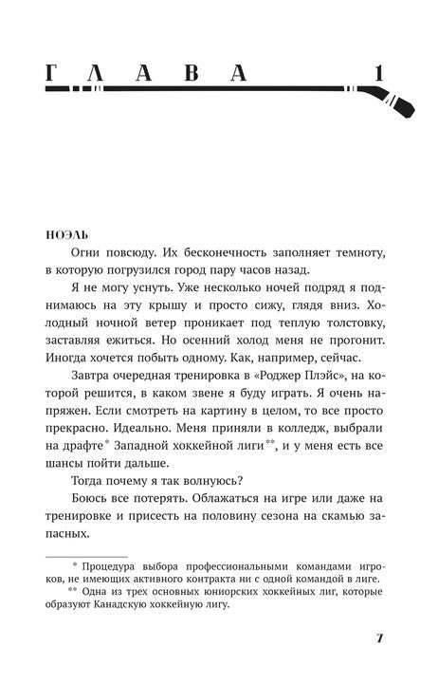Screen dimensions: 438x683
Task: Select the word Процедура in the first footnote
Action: pyautogui.click(x=125, y=569)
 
